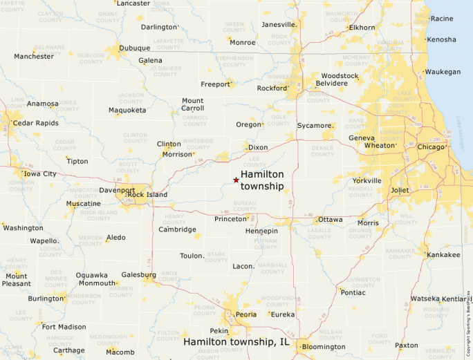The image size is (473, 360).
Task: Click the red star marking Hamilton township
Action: click(x=236, y=180)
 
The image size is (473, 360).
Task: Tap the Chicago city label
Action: click(x=431, y=146)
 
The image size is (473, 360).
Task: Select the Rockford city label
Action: click(x=271, y=88)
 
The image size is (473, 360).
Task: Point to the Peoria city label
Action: click(x=245, y=314)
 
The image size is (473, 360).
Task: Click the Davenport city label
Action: click(x=117, y=190)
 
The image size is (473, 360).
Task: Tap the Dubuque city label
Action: click(x=134, y=48)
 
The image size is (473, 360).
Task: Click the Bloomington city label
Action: click(x=324, y=346)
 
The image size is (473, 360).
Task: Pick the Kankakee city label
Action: click(x=443, y=255)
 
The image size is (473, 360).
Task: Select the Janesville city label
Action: click(x=279, y=24)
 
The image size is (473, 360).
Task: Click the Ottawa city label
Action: click(x=330, y=219)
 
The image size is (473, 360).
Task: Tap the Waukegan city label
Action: click(x=443, y=72)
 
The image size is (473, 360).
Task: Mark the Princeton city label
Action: click(x=230, y=219)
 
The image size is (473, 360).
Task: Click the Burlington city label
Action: click(x=46, y=299)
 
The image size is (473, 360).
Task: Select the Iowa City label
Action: click(x=40, y=173)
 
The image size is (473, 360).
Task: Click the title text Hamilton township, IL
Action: click(x=236, y=341)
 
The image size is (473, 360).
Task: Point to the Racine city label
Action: click(x=442, y=19)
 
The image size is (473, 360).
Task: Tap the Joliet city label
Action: click(x=400, y=190)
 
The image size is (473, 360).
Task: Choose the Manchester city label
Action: click(x=33, y=56)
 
